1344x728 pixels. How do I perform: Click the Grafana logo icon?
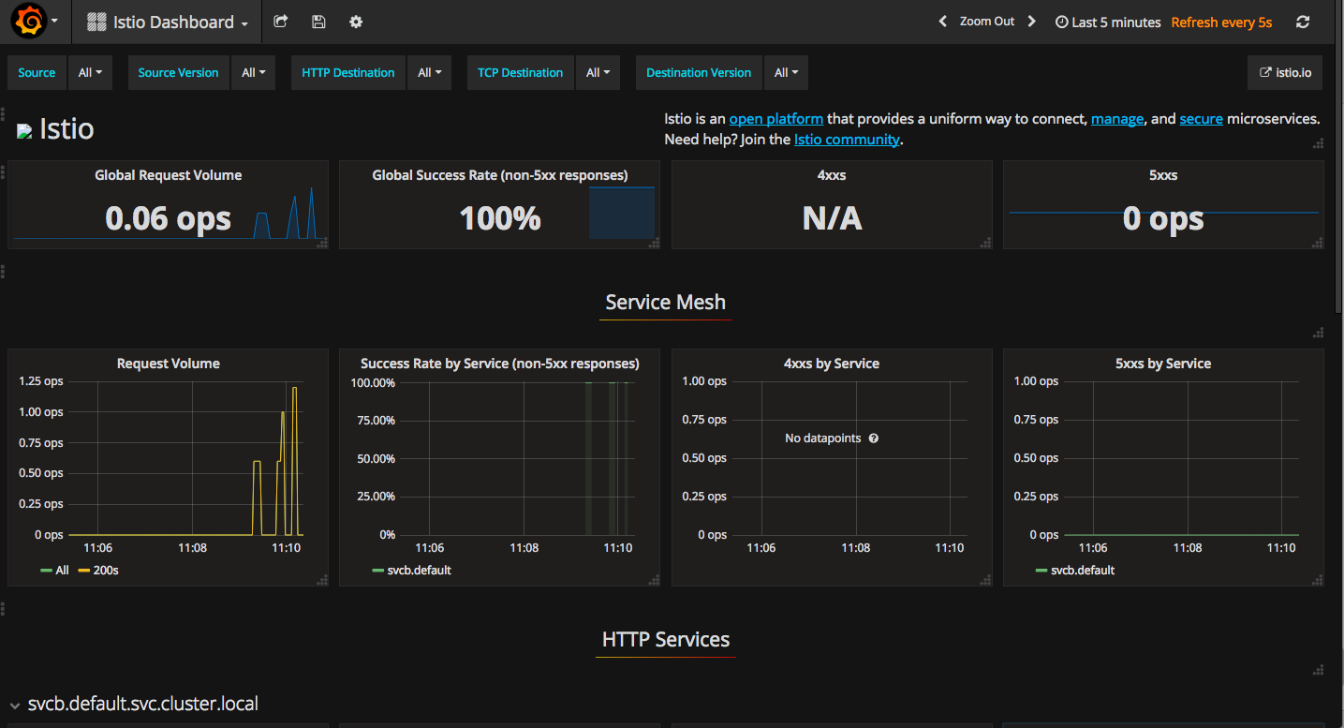point(29,21)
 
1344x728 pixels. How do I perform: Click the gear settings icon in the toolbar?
point(356,22)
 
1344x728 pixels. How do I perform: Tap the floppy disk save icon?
point(318,22)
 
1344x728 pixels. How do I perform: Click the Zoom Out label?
point(987,22)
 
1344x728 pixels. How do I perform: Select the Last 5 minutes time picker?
point(1108,22)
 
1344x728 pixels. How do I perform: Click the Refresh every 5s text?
point(1221,22)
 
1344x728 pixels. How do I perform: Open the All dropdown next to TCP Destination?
point(598,73)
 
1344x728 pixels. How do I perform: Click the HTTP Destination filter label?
point(348,73)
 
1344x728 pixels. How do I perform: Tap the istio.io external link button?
point(1285,73)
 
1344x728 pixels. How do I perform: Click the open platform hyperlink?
point(775,119)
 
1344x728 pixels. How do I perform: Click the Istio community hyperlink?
point(847,140)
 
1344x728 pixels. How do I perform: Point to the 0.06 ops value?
point(168,218)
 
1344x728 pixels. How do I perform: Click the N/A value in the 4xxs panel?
point(833,218)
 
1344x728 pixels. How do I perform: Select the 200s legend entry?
point(98,571)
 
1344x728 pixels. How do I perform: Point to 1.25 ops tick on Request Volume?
point(41,381)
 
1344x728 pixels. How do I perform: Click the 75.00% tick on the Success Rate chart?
point(377,420)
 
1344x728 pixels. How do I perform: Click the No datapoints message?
point(822,438)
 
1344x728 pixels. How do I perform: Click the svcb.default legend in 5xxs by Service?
point(1075,571)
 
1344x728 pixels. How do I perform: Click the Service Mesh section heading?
point(665,302)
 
